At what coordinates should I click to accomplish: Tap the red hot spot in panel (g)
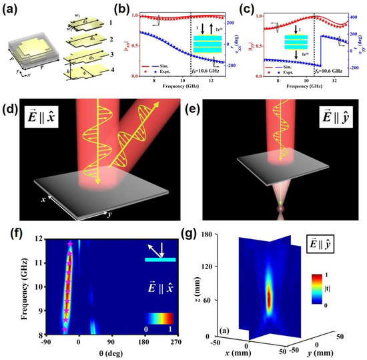point(269,295)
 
